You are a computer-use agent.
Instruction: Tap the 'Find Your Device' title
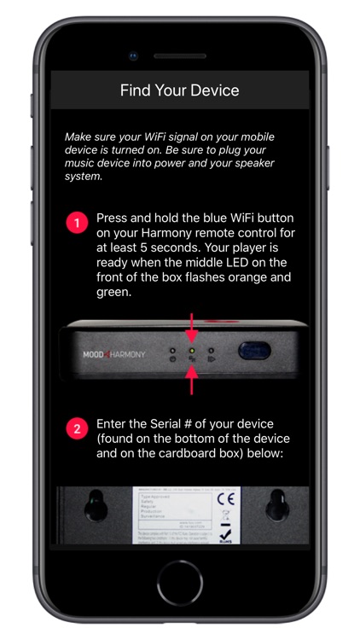click(x=179, y=90)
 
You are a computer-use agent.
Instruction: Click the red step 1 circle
click(x=77, y=224)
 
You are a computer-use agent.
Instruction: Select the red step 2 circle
click(x=77, y=428)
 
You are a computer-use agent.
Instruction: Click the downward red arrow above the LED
click(x=192, y=328)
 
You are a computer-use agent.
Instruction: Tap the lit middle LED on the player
click(x=192, y=350)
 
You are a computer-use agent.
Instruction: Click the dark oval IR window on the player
click(x=254, y=352)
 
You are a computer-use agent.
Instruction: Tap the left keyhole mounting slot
click(x=96, y=510)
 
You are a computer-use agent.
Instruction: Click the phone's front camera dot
click(x=133, y=56)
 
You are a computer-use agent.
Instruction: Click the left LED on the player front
click(x=173, y=350)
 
